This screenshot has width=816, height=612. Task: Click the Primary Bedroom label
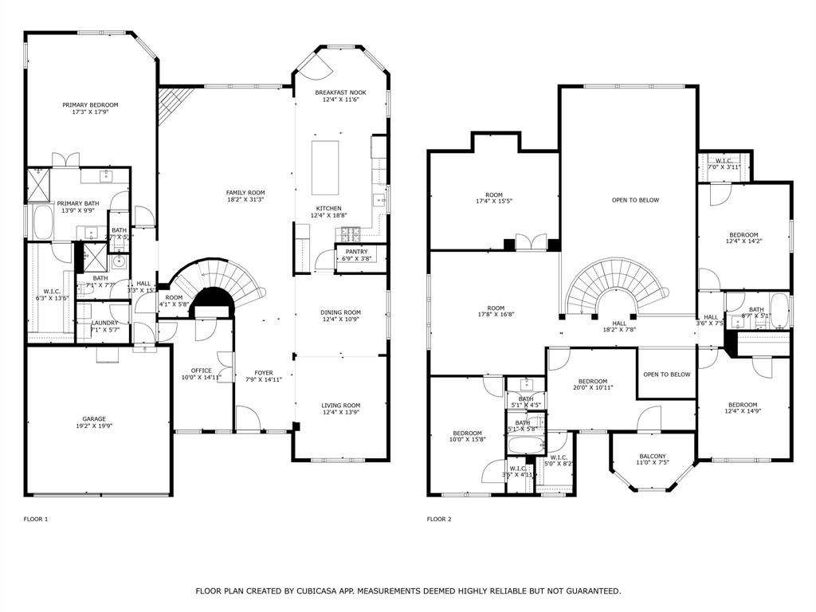(x=90, y=105)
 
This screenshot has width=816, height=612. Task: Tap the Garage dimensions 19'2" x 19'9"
(x=94, y=426)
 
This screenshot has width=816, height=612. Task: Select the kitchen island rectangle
(x=324, y=167)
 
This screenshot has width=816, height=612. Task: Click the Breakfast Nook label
(x=341, y=92)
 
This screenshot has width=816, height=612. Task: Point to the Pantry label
(x=357, y=251)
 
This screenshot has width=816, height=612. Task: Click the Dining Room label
(x=341, y=312)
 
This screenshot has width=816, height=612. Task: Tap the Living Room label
(x=341, y=405)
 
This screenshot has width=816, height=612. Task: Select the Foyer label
(x=264, y=372)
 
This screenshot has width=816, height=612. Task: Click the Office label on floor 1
(x=202, y=371)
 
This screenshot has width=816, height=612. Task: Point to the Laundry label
(x=104, y=322)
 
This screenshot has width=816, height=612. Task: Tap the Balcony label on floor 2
(x=652, y=456)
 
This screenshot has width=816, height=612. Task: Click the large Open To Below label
(x=635, y=200)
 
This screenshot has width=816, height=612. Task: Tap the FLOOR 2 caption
(x=439, y=519)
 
